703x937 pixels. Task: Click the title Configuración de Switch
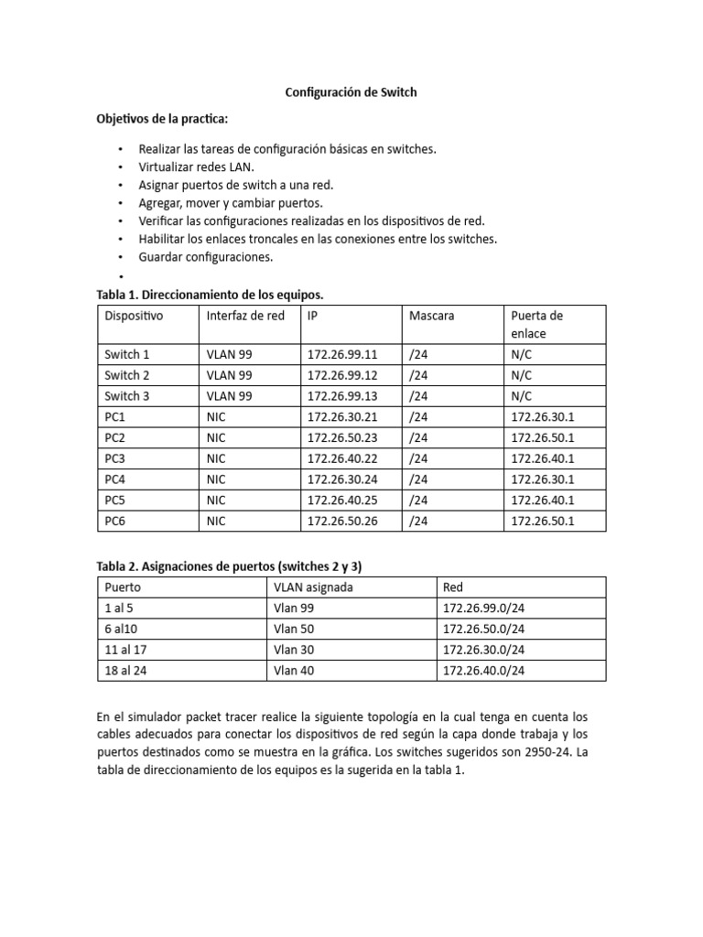click(x=351, y=92)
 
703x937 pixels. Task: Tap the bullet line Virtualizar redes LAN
click(x=196, y=167)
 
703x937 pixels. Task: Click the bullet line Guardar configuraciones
click(x=205, y=257)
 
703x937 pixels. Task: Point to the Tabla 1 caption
click(x=211, y=295)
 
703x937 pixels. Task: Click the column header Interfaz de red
click(x=245, y=316)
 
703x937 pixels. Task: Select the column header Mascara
click(x=432, y=316)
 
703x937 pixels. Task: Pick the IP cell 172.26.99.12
click(x=341, y=375)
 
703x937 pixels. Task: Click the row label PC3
click(x=116, y=458)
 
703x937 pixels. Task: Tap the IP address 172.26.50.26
click(x=341, y=521)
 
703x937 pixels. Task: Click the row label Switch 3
click(x=127, y=396)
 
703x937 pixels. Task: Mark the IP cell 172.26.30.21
click(x=341, y=417)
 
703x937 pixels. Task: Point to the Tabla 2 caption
click(x=235, y=565)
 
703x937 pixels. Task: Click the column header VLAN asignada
click(x=311, y=587)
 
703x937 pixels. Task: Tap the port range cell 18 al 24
click(x=126, y=671)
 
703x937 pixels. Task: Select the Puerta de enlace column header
click(x=537, y=324)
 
